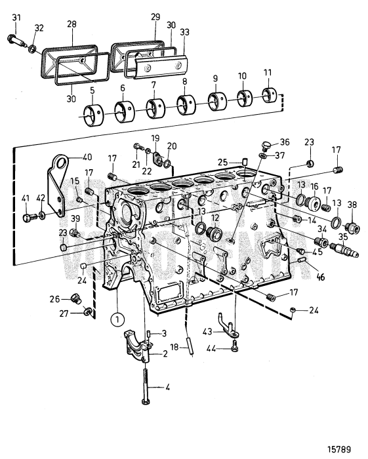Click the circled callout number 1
pyautogui.click(x=116, y=321)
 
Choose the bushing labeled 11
pyautogui.click(x=268, y=96)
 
